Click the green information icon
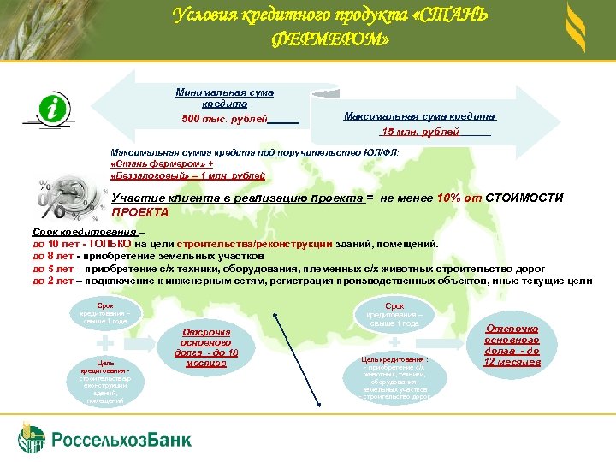53,110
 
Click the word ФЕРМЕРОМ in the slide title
329,40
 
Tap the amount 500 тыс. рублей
225,118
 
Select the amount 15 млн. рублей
420,132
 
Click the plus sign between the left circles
103,341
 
